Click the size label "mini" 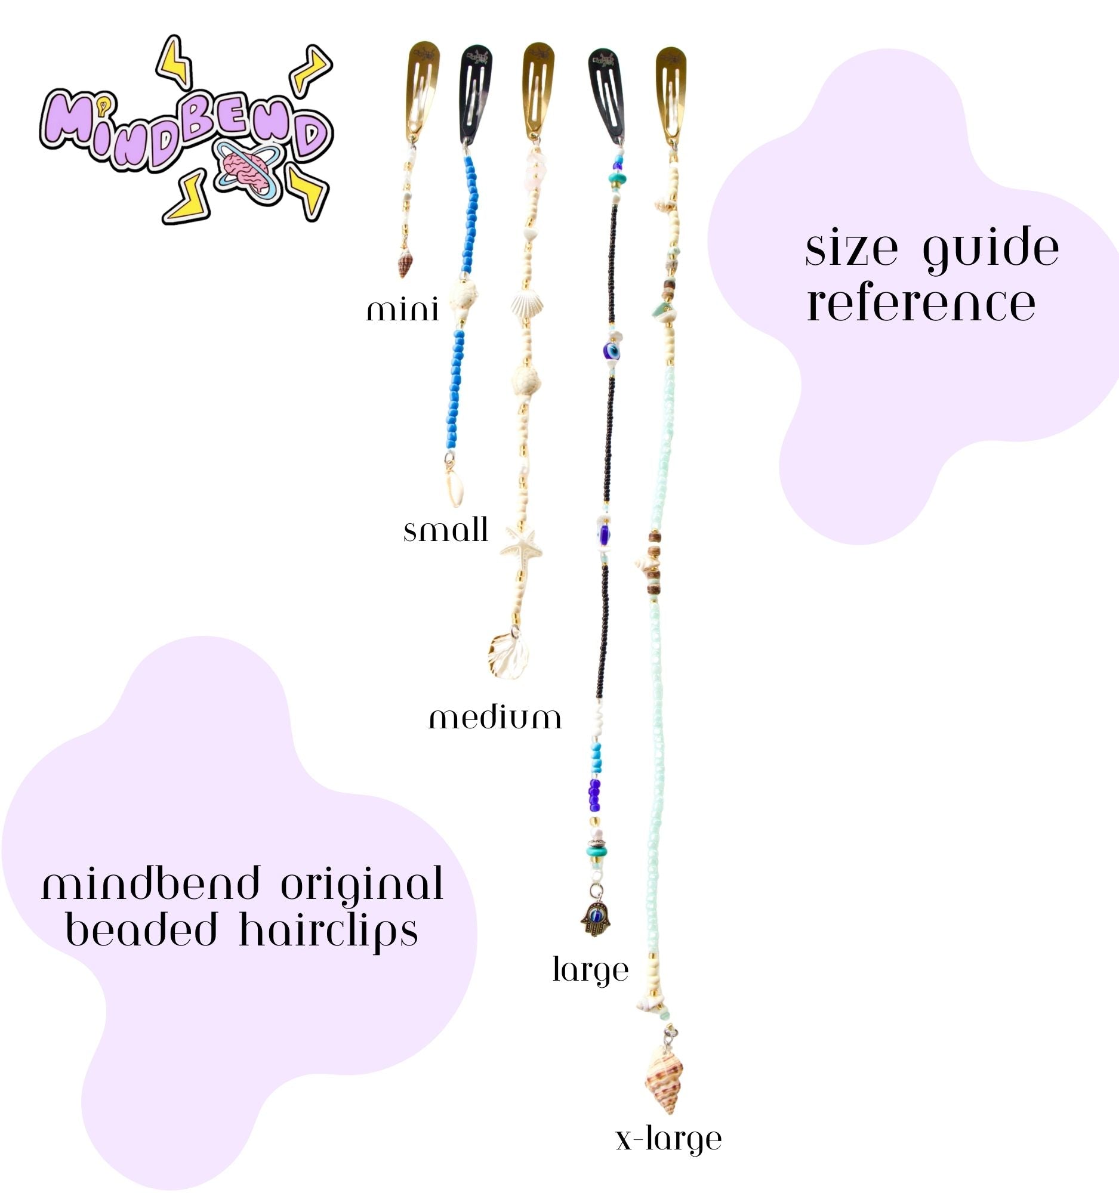[402, 310]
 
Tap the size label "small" [445, 530]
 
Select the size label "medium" [495, 718]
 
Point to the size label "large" [590, 970]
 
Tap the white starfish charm [520, 544]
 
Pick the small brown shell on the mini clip [405, 264]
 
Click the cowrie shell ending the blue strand [455, 489]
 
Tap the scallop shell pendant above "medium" [508, 655]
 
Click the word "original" [363, 887]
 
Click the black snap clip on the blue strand [476, 95]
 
